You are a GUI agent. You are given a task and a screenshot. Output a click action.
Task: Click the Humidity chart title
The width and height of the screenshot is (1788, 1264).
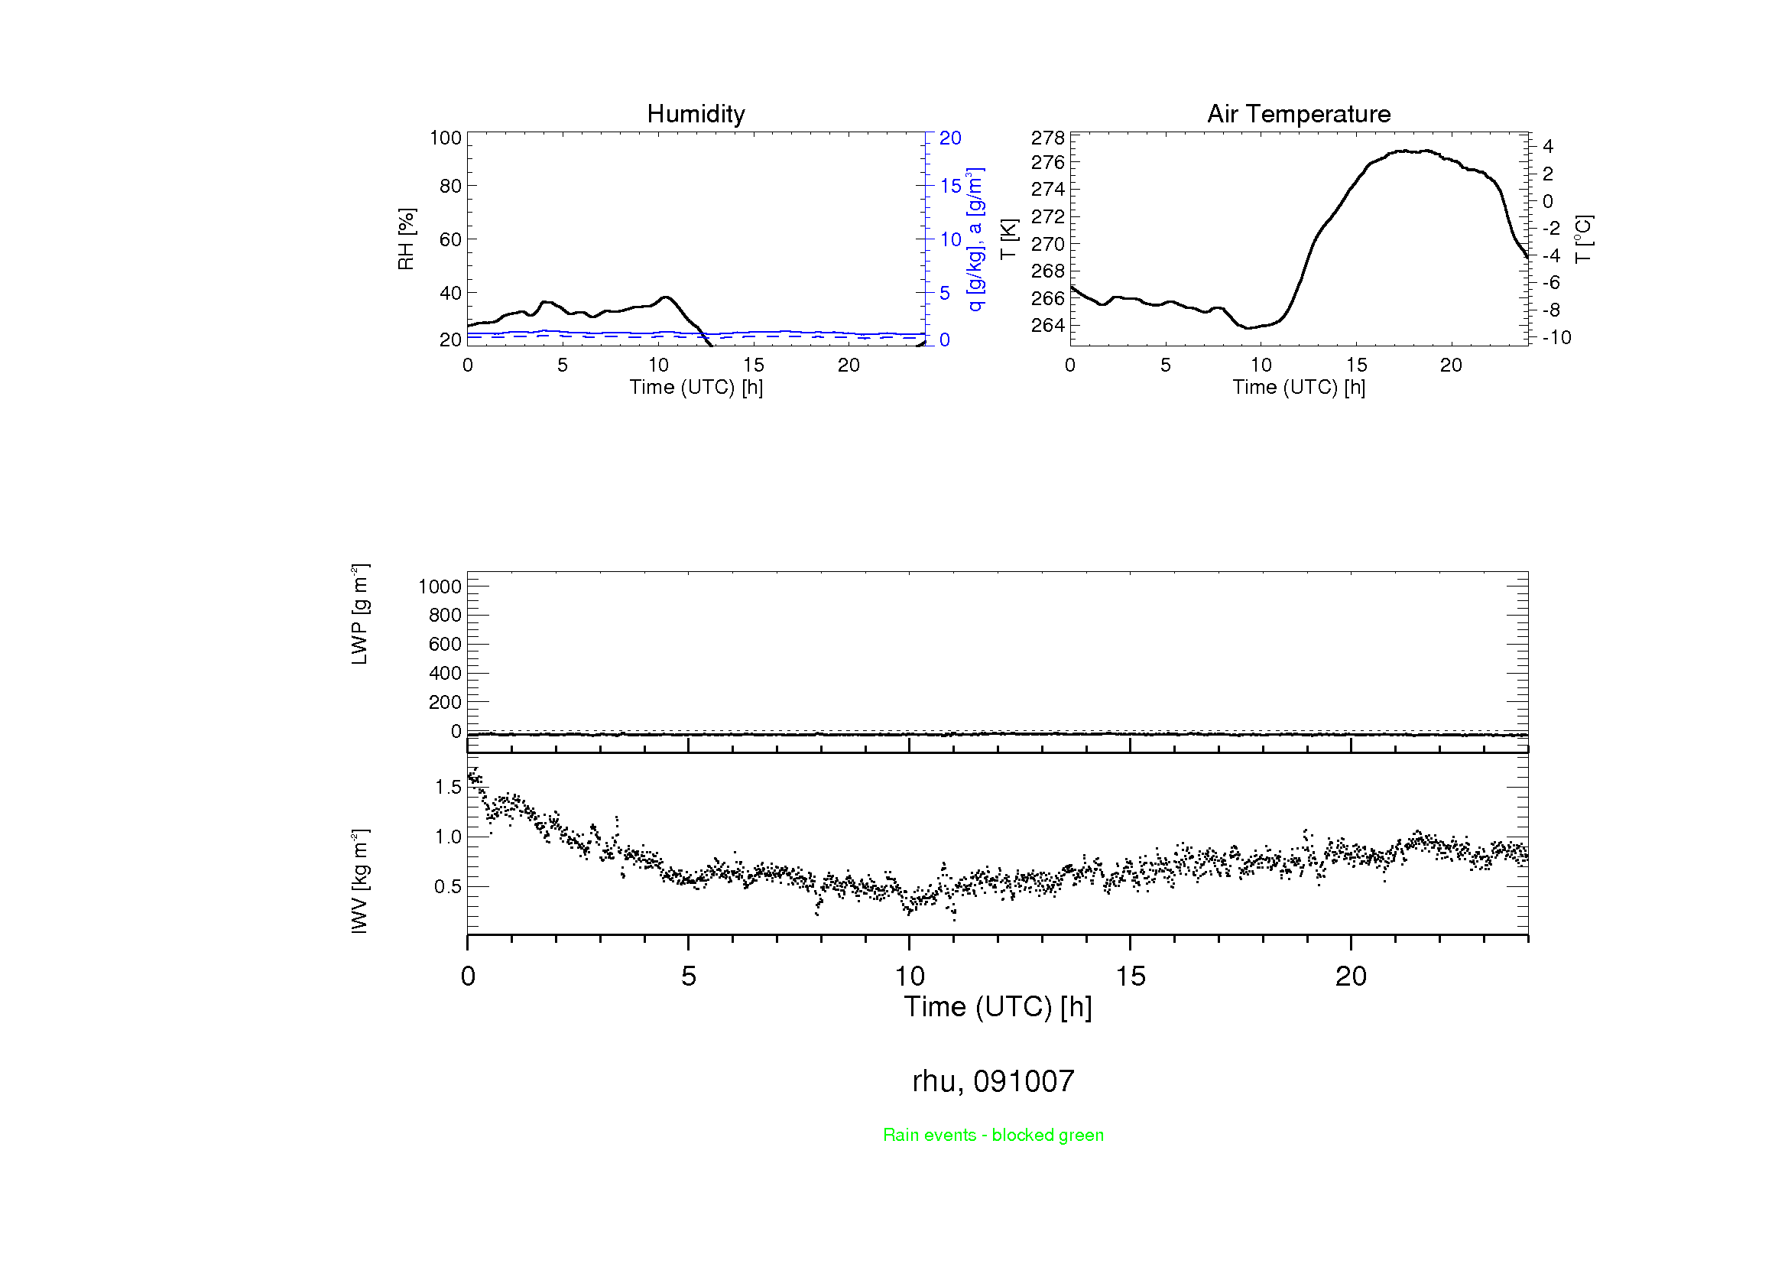click(x=696, y=114)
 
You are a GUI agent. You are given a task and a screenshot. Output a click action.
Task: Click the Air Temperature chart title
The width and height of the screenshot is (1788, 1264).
click(x=1298, y=114)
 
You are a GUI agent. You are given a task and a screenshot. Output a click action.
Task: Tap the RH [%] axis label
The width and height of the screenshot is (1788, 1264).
click(x=407, y=239)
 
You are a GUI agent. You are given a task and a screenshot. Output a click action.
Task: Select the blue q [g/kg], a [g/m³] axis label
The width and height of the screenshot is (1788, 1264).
click(x=975, y=239)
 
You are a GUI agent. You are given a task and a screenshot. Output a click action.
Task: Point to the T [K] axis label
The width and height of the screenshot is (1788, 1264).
click(x=1008, y=239)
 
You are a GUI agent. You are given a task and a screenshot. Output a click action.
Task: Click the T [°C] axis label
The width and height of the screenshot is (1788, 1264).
click(x=1583, y=239)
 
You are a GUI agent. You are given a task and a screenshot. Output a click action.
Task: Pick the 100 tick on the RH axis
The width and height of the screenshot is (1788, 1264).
click(x=446, y=138)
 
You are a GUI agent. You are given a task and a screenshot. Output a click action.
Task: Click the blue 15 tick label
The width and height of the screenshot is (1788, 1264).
click(x=950, y=186)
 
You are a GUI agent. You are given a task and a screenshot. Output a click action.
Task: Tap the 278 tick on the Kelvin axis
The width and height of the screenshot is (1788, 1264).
click(x=1047, y=138)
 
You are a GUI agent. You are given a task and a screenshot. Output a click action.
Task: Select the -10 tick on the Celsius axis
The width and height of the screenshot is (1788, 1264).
click(x=1556, y=337)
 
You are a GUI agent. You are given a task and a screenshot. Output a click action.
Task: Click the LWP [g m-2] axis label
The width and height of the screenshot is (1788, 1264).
click(x=359, y=615)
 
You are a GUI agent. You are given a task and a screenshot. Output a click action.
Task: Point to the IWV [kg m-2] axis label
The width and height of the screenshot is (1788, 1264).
click(x=359, y=881)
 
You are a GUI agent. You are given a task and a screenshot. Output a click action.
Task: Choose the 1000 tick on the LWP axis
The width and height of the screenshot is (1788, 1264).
click(x=440, y=587)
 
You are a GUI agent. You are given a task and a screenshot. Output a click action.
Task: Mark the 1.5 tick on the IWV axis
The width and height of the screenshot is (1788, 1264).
click(x=448, y=787)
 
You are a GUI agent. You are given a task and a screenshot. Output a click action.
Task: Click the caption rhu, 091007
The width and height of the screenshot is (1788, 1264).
click(x=993, y=1081)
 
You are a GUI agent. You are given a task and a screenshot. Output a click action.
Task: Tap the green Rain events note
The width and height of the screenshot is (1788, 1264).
click(x=993, y=1135)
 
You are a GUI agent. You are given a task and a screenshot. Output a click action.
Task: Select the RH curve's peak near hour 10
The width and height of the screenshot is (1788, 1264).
click(x=665, y=297)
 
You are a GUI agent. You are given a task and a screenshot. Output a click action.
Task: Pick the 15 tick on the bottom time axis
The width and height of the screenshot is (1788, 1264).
click(x=1130, y=976)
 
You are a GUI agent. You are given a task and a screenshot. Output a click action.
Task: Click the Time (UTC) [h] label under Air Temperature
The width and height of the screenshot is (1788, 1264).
click(x=1298, y=387)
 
